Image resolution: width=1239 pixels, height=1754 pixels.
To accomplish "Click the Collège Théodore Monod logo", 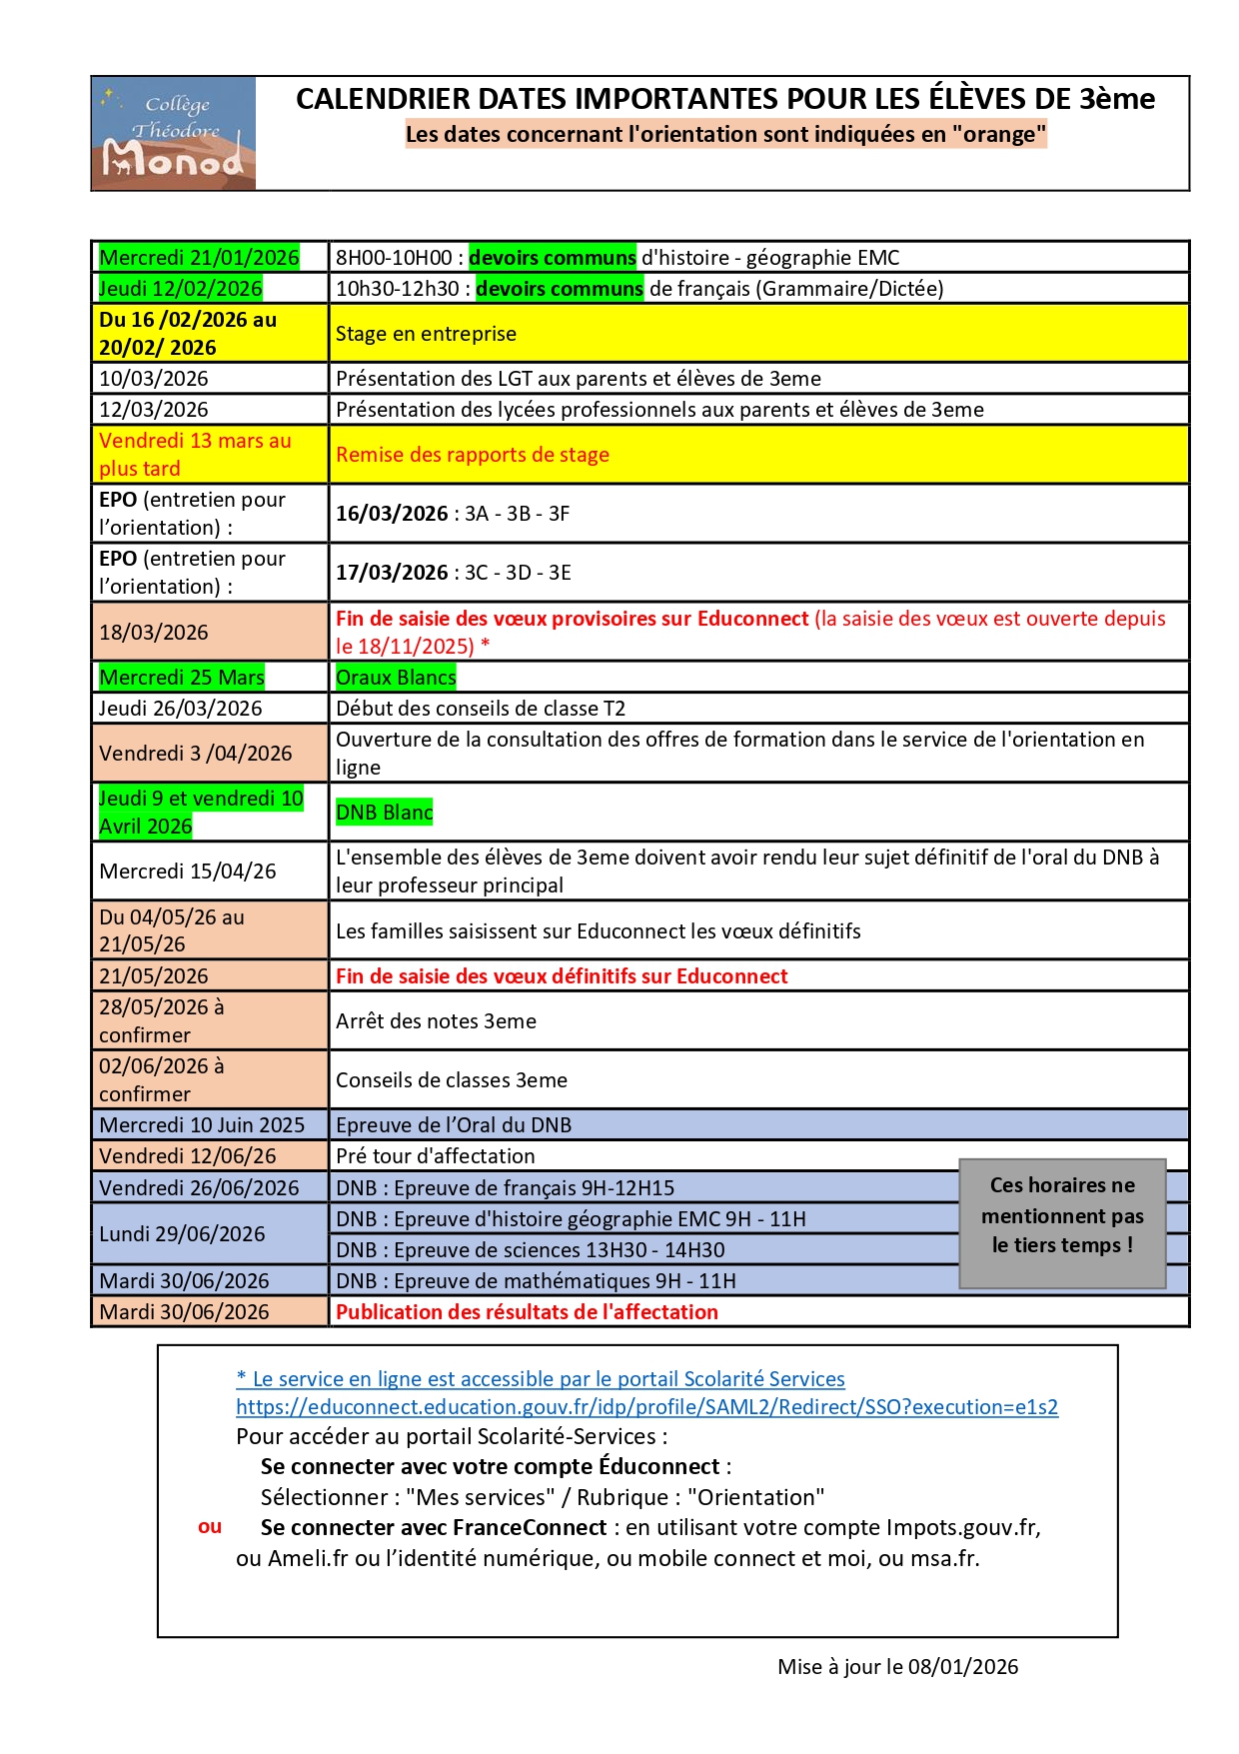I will (x=174, y=133).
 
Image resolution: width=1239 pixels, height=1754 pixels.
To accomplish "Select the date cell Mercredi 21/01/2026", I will (x=199, y=258).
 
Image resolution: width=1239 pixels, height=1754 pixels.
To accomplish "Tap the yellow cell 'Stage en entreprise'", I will (x=427, y=334).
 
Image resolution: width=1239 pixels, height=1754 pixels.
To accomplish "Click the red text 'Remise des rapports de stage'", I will (x=473, y=455).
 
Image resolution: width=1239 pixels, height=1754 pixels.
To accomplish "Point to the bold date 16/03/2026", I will (x=392, y=514).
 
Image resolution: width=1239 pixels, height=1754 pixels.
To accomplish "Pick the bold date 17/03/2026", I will (x=392, y=573).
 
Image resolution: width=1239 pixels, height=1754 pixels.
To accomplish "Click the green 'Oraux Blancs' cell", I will (x=396, y=678).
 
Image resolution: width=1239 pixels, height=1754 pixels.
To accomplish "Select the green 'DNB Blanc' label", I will (x=384, y=813).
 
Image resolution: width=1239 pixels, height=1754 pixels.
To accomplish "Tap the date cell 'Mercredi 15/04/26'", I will (x=188, y=872).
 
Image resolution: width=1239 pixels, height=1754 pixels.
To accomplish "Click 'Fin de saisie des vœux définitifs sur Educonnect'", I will (x=562, y=976).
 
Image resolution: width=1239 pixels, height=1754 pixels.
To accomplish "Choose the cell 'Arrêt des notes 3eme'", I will (x=436, y=1021).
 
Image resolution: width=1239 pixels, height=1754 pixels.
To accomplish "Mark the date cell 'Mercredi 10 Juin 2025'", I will (x=202, y=1125).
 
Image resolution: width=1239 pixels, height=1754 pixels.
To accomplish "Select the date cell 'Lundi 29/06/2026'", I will (x=183, y=1234).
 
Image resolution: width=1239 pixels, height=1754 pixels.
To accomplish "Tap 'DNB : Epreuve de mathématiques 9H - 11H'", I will (x=536, y=1281).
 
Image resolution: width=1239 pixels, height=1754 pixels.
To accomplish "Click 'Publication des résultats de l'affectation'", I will (x=527, y=1312).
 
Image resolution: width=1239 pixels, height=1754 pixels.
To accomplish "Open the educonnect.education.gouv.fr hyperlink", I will (x=646, y=1407).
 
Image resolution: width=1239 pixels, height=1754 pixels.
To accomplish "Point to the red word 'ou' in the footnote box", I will (x=210, y=1527).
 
